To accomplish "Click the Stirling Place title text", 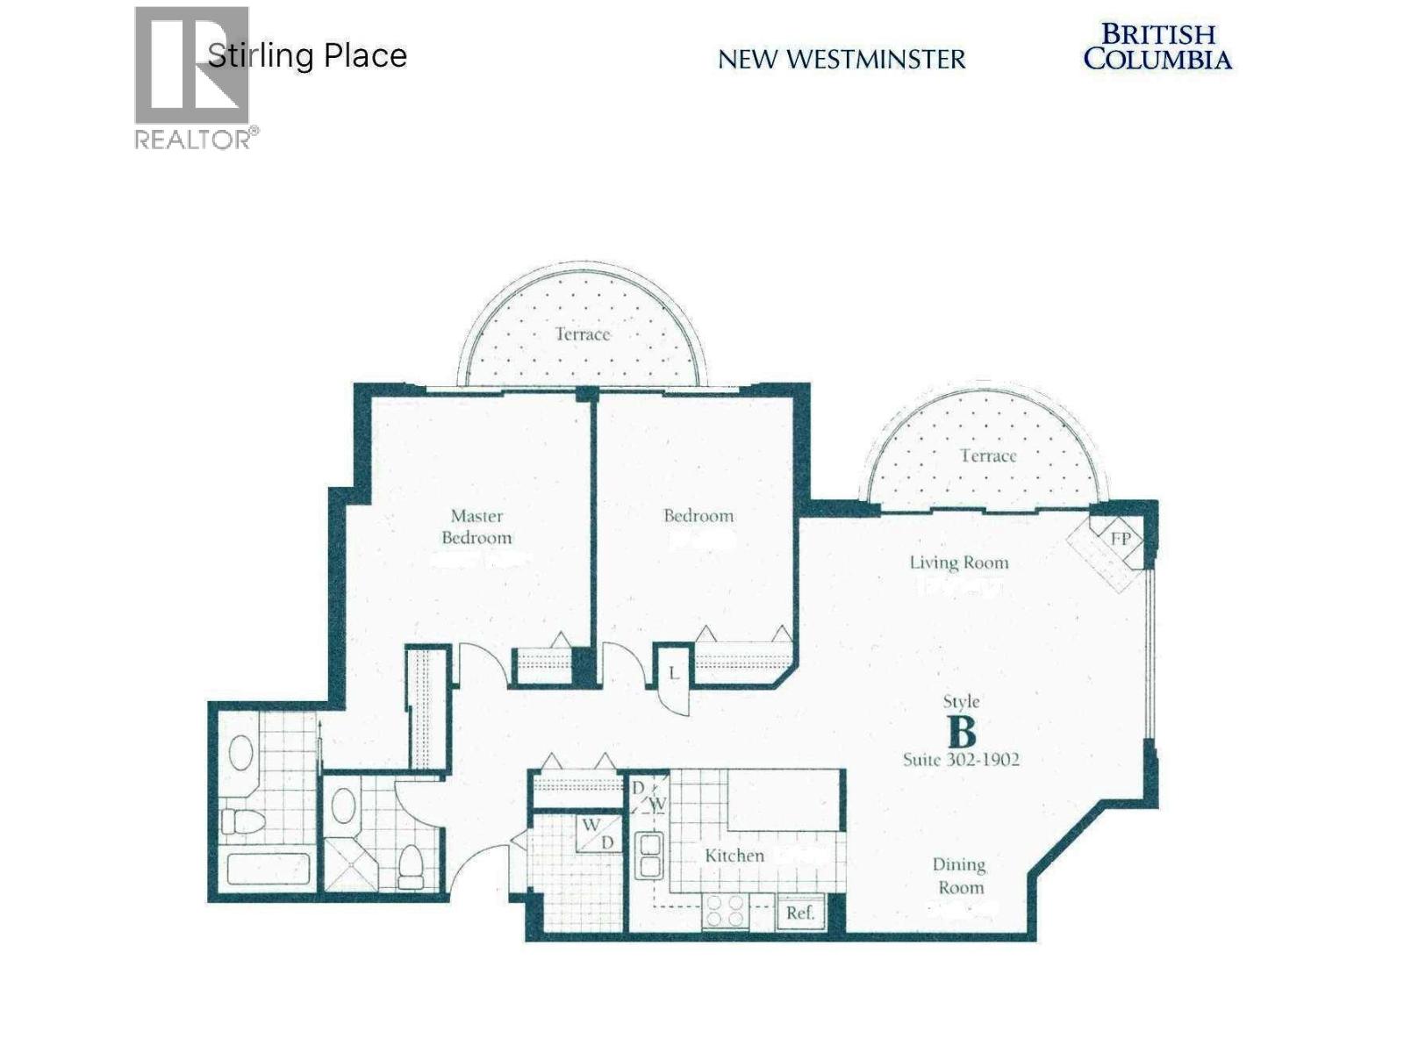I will point(307,55).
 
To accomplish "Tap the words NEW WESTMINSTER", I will point(842,60).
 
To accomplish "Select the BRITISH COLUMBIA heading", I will point(1157,47).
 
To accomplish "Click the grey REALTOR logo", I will point(192,77).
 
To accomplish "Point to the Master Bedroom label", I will point(476,526).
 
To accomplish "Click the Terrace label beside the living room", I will point(988,456).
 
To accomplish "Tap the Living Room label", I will point(958,562).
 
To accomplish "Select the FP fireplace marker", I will point(1121,539).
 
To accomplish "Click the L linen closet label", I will point(673,674).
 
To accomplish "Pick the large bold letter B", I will point(962,731).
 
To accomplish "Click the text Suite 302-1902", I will point(961,760).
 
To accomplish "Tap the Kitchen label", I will point(734,855).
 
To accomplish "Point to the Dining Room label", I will point(960,876).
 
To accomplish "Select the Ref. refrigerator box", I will point(800,913).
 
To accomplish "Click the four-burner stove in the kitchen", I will point(725,911).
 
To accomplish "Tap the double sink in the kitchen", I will point(650,856).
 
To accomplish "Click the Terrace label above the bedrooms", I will point(582,334).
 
